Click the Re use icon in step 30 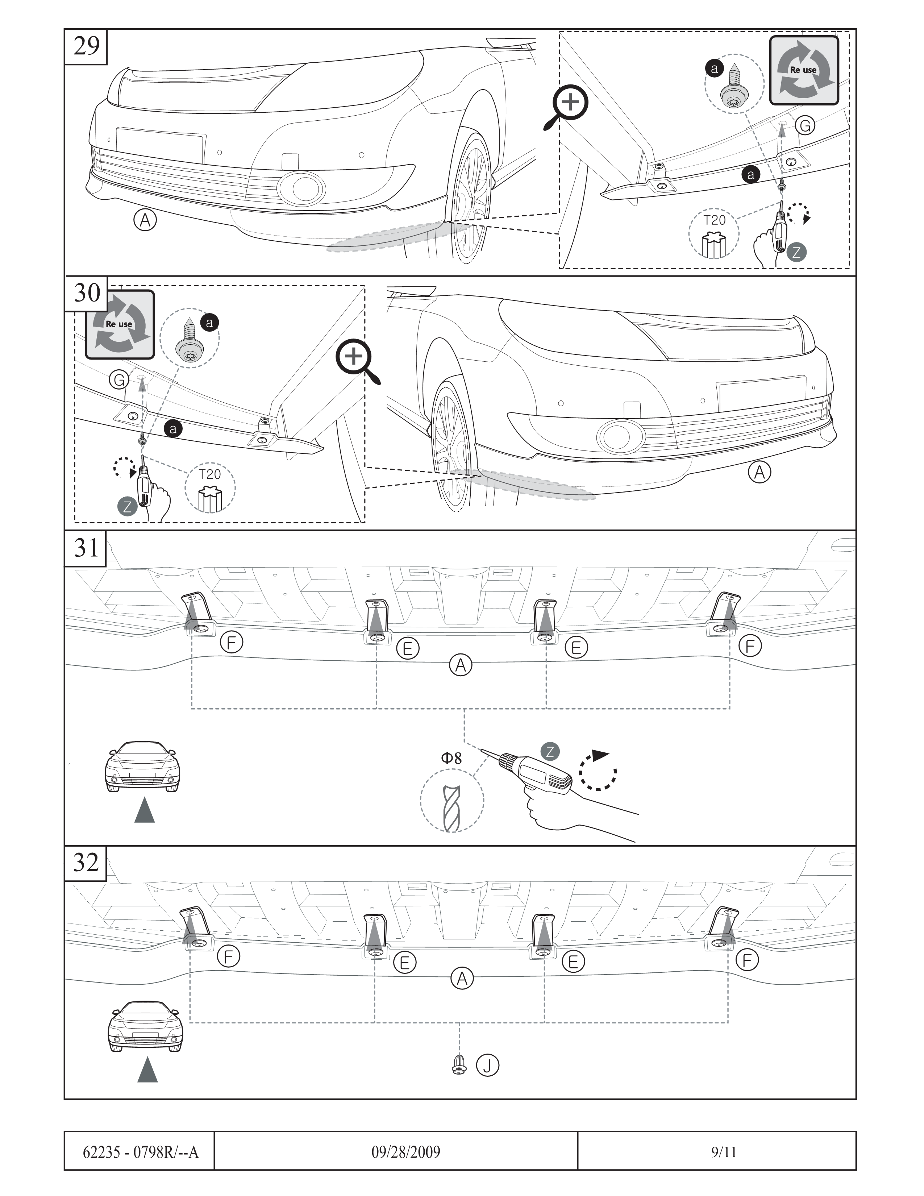tap(119, 325)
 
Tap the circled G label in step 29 tap(805, 126)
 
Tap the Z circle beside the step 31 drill tap(550, 751)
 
